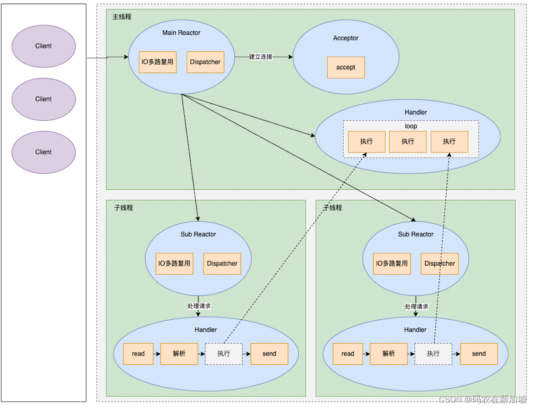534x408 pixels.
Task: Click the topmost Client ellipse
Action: (x=44, y=46)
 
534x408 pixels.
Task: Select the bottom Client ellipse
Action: (x=44, y=152)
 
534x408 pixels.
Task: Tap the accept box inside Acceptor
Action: (x=346, y=68)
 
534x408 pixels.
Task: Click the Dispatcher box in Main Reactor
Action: (x=205, y=62)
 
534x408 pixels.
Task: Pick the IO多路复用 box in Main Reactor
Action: (x=158, y=62)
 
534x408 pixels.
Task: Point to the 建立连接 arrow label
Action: (x=261, y=57)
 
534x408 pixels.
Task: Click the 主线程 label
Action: (x=122, y=17)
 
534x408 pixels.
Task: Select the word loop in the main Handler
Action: (x=411, y=126)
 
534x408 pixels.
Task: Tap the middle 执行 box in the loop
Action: (x=408, y=142)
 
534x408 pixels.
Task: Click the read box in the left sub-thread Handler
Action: (x=138, y=354)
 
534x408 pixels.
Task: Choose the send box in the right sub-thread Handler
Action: (x=478, y=354)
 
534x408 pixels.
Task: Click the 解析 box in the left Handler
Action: (x=179, y=354)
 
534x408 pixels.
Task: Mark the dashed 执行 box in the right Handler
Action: (x=433, y=354)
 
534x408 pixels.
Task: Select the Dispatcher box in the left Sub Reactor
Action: (x=222, y=264)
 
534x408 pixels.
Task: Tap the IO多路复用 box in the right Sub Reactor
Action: (x=392, y=264)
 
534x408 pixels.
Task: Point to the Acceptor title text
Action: (x=346, y=38)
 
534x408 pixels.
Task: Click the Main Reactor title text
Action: (x=181, y=33)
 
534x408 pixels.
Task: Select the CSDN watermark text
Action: (x=483, y=399)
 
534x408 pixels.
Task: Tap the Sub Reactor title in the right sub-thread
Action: (x=415, y=234)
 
